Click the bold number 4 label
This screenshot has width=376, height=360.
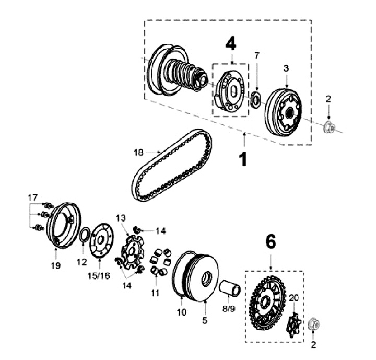click(x=231, y=43)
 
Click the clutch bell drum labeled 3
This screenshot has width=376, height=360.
click(x=284, y=112)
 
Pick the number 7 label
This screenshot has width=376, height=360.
click(x=256, y=55)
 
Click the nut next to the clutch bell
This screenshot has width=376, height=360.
click(x=329, y=127)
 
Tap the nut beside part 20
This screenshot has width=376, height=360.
click(x=314, y=324)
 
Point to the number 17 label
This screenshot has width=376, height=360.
click(x=33, y=197)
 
